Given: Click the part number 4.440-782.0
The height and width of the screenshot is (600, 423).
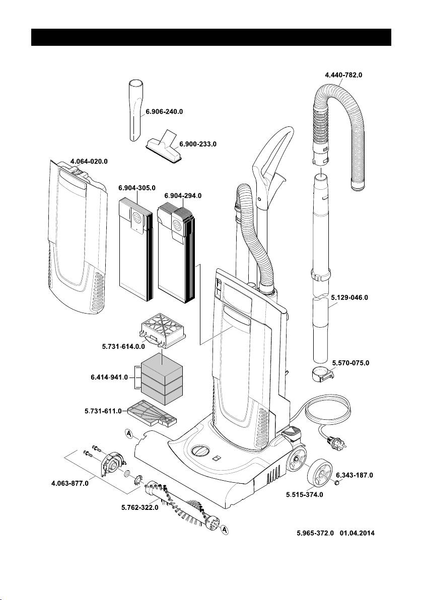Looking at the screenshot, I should [343, 74].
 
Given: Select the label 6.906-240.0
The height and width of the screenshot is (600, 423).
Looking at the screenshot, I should [164, 112].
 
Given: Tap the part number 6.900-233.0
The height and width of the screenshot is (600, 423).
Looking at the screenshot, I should [197, 144].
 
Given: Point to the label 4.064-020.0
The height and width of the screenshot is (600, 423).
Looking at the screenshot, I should [89, 161].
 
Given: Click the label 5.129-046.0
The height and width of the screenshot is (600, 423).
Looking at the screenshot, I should [350, 297].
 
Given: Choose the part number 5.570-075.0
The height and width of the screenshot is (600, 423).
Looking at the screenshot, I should [350, 362].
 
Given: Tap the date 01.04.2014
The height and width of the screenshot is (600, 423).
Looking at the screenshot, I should [358, 532].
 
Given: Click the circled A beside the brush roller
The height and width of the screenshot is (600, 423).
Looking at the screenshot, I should [226, 530].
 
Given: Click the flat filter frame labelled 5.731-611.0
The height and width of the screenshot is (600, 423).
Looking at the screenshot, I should [151, 412].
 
